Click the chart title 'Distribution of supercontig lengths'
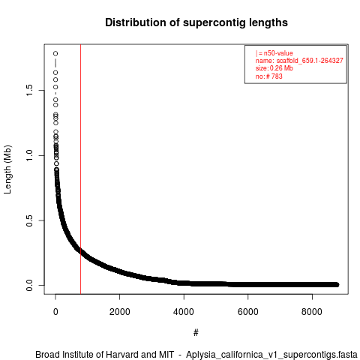[196, 22]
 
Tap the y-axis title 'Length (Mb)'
[7, 169]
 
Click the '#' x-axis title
[196, 332]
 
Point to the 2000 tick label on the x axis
[120, 312]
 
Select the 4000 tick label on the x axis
[184, 312]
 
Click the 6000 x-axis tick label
[248, 312]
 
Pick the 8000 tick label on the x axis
[312, 312]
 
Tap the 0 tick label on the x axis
[55, 312]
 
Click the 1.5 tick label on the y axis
[29, 90]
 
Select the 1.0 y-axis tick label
[29, 155]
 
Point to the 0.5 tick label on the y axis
[29, 220]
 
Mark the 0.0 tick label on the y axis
[29, 285]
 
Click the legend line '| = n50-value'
[274, 53]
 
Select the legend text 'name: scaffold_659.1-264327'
[299, 61]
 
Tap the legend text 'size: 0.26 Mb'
[274, 68]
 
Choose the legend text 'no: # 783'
[268, 76]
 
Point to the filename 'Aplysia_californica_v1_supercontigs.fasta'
[271, 355]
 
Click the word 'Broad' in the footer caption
[47, 355]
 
